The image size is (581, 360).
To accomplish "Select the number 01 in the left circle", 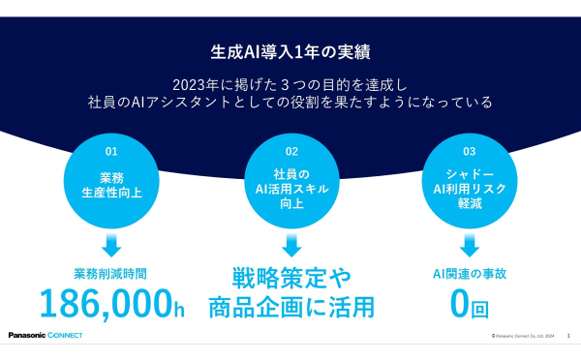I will click(x=111, y=151).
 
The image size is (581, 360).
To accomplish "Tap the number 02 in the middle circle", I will click(x=291, y=151).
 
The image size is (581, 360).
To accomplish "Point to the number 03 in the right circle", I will click(x=470, y=151).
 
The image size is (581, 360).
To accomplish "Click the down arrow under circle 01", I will click(x=111, y=242).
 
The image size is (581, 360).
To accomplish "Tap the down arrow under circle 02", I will click(x=291, y=242).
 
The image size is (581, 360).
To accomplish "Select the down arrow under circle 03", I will click(x=470, y=242).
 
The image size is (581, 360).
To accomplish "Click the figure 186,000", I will click(x=105, y=303).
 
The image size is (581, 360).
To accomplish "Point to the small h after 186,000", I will click(x=178, y=310).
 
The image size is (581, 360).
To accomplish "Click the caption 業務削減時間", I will click(x=111, y=274).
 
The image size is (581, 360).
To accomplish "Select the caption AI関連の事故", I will click(x=470, y=274).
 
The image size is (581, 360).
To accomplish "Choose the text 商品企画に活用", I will click(x=291, y=308).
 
